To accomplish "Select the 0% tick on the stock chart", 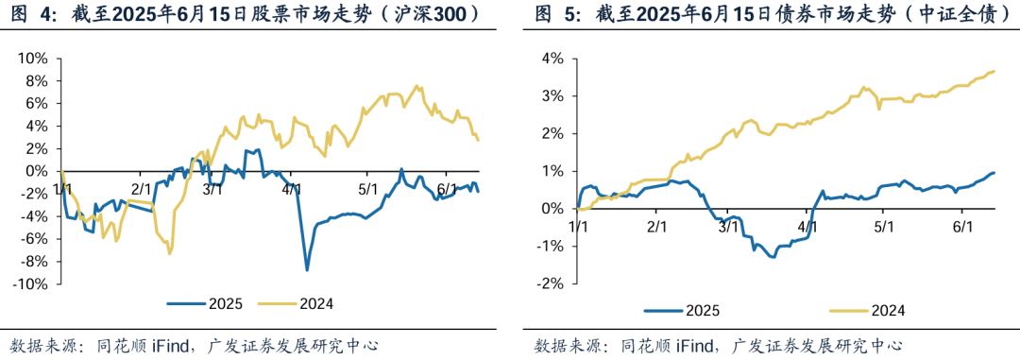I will (38, 171).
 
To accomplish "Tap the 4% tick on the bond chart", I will (552, 59).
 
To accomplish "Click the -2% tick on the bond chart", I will (550, 284).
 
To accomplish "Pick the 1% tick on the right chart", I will (552, 171).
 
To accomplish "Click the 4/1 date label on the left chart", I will (291, 189).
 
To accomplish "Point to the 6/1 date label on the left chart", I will (448, 189).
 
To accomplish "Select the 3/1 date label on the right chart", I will (728, 227).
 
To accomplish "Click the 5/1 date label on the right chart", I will (884, 227).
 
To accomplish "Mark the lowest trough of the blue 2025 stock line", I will (307, 270).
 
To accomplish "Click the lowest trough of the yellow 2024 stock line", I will (169, 253).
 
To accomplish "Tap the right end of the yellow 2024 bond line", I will (994, 71).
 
